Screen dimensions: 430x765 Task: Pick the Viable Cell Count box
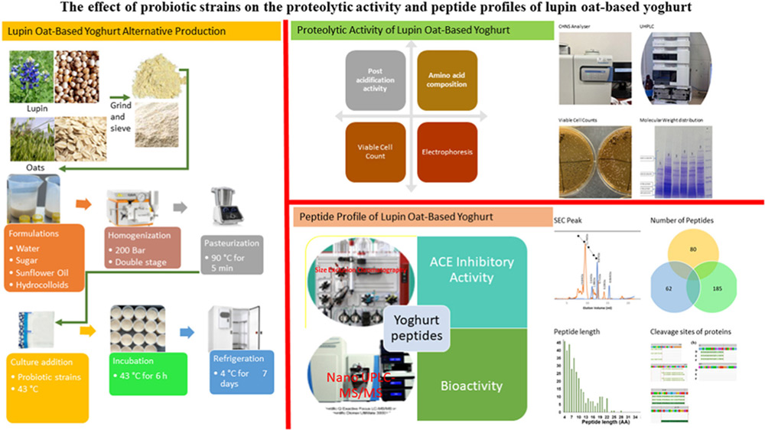pos(375,151)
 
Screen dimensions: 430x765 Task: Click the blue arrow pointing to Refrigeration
pos(187,333)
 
